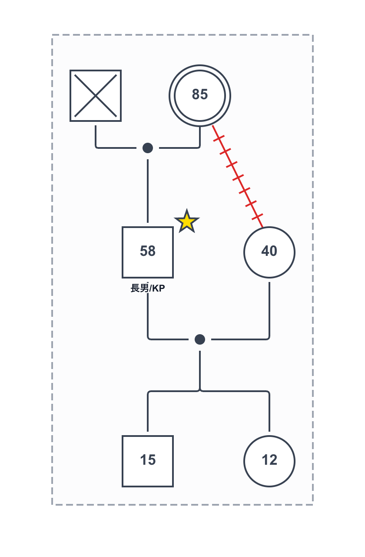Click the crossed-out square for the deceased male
[x=96, y=96]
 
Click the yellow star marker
[x=187, y=222]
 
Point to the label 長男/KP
[x=148, y=288]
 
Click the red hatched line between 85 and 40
[x=238, y=176]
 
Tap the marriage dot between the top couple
[x=148, y=148]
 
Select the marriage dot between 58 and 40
[x=200, y=339]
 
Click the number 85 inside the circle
[x=200, y=94]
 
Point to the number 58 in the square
[x=148, y=251]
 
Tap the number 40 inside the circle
[x=269, y=251]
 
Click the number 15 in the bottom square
[x=148, y=460]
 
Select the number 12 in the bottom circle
[x=269, y=460]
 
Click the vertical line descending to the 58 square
[x=148, y=191]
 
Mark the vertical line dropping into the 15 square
[x=148, y=413]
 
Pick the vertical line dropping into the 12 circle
[x=269, y=413]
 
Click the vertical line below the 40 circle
[x=269, y=309]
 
